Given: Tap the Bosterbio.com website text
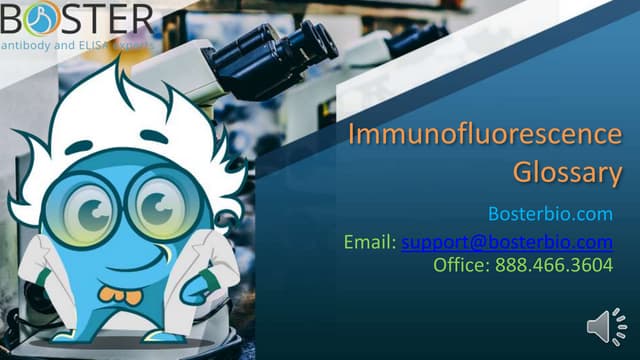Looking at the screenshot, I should tap(549, 214).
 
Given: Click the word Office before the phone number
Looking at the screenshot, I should tap(460, 266).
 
